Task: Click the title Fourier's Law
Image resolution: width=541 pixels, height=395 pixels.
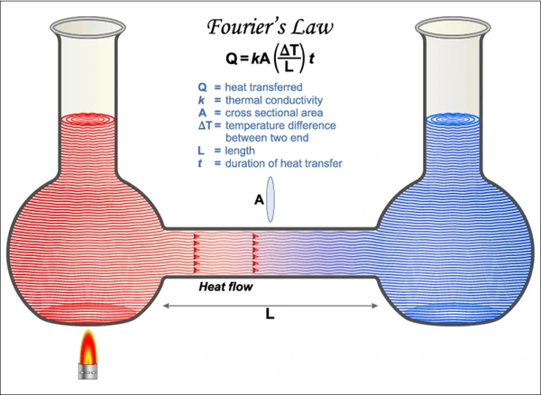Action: tap(270, 28)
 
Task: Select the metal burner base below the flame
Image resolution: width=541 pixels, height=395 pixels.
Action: tap(88, 372)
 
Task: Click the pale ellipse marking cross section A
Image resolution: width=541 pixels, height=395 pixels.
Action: tap(270, 199)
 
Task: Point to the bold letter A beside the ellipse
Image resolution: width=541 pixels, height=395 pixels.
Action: tap(259, 199)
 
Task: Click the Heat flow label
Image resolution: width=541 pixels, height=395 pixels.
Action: tap(225, 287)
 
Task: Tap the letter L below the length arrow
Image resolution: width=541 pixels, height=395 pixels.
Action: tap(270, 314)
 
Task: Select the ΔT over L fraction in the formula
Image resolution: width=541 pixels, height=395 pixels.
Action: tap(289, 59)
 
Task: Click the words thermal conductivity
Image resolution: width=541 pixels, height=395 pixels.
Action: tap(274, 100)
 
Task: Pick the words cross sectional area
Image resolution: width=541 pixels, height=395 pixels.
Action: tap(274, 113)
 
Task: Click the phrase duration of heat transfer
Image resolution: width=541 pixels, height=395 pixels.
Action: tap(284, 163)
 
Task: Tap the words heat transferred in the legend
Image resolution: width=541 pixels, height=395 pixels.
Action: tap(263, 87)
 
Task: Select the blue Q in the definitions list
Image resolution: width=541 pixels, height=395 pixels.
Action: tap(202, 87)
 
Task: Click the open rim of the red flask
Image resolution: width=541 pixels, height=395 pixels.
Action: tap(87, 26)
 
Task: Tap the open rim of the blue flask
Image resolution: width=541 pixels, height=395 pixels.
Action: tap(453, 26)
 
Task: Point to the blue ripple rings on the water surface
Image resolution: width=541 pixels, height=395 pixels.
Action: tap(453, 119)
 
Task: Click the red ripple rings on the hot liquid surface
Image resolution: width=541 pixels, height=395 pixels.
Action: tap(87, 119)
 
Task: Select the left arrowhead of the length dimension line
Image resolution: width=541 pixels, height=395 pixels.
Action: tap(166, 306)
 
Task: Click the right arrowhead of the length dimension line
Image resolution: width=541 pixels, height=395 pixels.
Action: tap(375, 306)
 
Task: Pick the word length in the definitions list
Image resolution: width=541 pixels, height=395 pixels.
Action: tap(240, 151)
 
